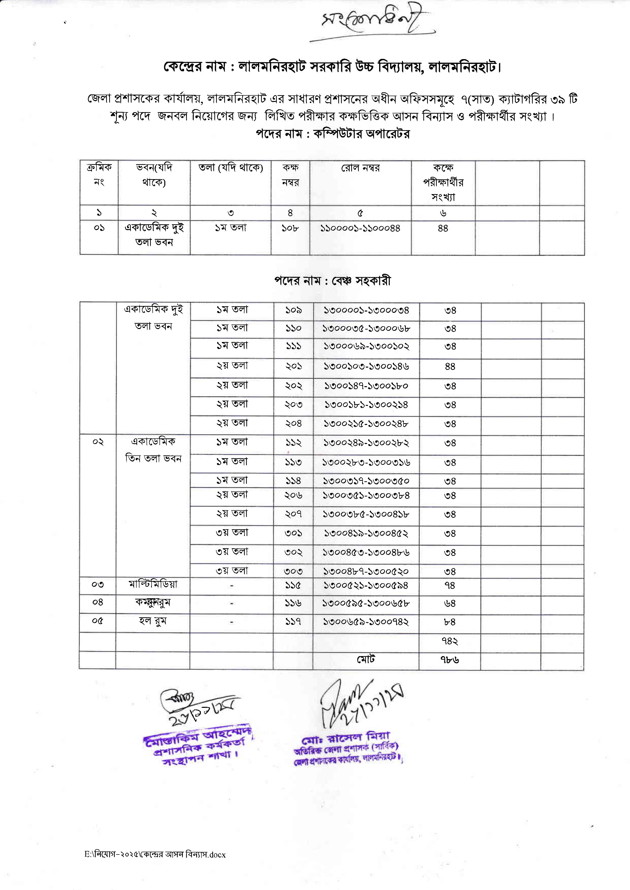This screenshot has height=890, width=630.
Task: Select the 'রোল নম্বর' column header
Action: [360, 168]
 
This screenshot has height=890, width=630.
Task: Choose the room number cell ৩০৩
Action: [293, 571]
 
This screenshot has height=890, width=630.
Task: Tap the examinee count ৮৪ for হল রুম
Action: [450, 622]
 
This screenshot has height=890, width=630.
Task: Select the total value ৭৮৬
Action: [450, 660]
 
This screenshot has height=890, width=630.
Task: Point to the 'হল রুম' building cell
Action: [153, 621]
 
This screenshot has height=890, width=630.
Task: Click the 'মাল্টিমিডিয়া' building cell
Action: [153, 584]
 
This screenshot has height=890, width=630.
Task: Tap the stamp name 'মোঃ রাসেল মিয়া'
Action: [346, 738]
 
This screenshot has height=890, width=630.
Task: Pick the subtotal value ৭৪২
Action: [450, 642]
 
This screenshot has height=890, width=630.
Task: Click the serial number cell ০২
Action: [98, 442]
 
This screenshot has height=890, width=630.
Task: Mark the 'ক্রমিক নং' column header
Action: [99, 175]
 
